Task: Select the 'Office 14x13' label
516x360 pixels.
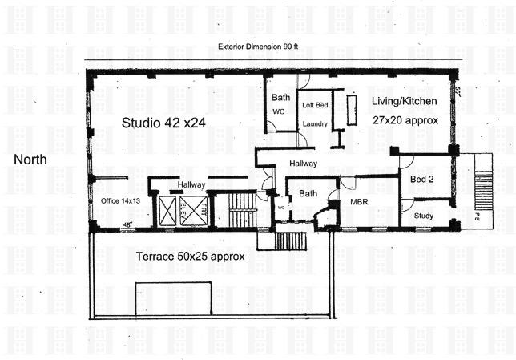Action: [120, 200]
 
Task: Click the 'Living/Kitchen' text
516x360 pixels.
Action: [403, 101]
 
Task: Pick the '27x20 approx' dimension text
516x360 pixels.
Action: [405, 119]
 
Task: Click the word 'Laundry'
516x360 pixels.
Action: [314, 124]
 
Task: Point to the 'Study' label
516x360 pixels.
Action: [423, 215]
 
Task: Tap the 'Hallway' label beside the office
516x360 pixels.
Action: [191, 185]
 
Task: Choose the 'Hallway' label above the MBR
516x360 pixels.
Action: [303, 164]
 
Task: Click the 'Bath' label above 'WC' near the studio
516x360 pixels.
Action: [280, 98]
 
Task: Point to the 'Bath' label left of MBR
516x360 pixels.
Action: [308, 193]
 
